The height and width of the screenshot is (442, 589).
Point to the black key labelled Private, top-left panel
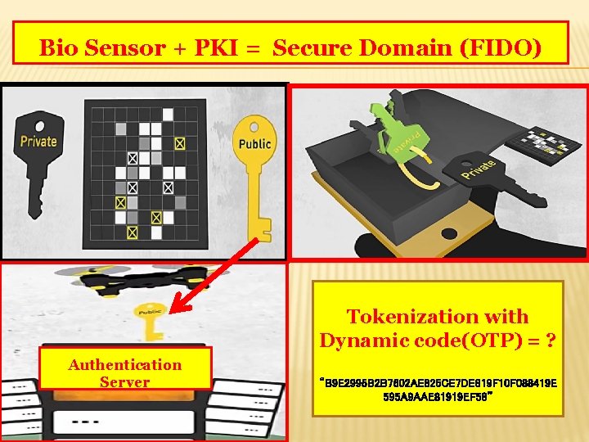36,160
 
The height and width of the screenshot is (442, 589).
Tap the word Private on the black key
38,140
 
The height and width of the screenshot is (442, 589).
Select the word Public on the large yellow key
254,144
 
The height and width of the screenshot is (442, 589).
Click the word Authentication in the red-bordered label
125,364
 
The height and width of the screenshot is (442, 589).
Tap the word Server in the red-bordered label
125,381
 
